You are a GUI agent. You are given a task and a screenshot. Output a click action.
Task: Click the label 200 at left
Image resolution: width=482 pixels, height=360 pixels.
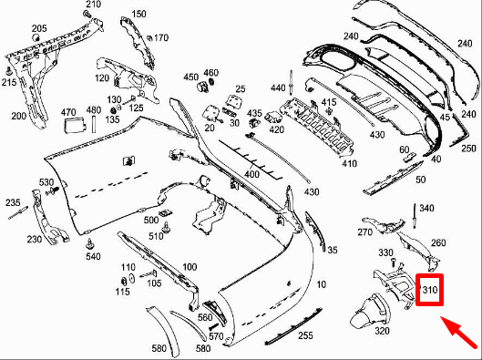click(x=18, y=116)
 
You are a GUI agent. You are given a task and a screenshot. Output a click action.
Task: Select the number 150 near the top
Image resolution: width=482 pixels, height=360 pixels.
click(x=138, y=14)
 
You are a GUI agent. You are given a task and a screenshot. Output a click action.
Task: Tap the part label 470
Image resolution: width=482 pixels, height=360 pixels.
click(x=69, y=112)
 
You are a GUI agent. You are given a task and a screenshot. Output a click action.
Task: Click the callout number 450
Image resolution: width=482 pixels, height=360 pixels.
click(x=191, y=77)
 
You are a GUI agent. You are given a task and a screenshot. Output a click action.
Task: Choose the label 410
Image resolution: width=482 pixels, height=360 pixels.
click(x=349, y=164)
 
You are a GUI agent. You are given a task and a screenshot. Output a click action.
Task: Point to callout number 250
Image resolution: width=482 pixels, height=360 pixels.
click(x=468, y=148)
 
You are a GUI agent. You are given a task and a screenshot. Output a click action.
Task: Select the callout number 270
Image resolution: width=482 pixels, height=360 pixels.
click(x=365, y=232)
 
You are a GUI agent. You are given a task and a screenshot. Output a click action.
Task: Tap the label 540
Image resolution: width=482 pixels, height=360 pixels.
click(x=93, y=257)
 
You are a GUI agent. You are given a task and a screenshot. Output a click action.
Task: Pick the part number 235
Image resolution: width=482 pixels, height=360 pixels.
click(x=13, y=202)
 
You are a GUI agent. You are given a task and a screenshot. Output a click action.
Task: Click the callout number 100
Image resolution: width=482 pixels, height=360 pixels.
click(x=190, y=266)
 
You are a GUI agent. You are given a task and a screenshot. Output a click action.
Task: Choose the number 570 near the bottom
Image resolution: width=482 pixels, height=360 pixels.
click(x=215, y=336)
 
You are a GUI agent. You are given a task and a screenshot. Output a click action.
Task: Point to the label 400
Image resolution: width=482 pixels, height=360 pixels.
click(x=251, y=172)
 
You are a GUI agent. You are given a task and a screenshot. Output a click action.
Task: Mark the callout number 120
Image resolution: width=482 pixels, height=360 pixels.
click(x=102, y=80)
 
